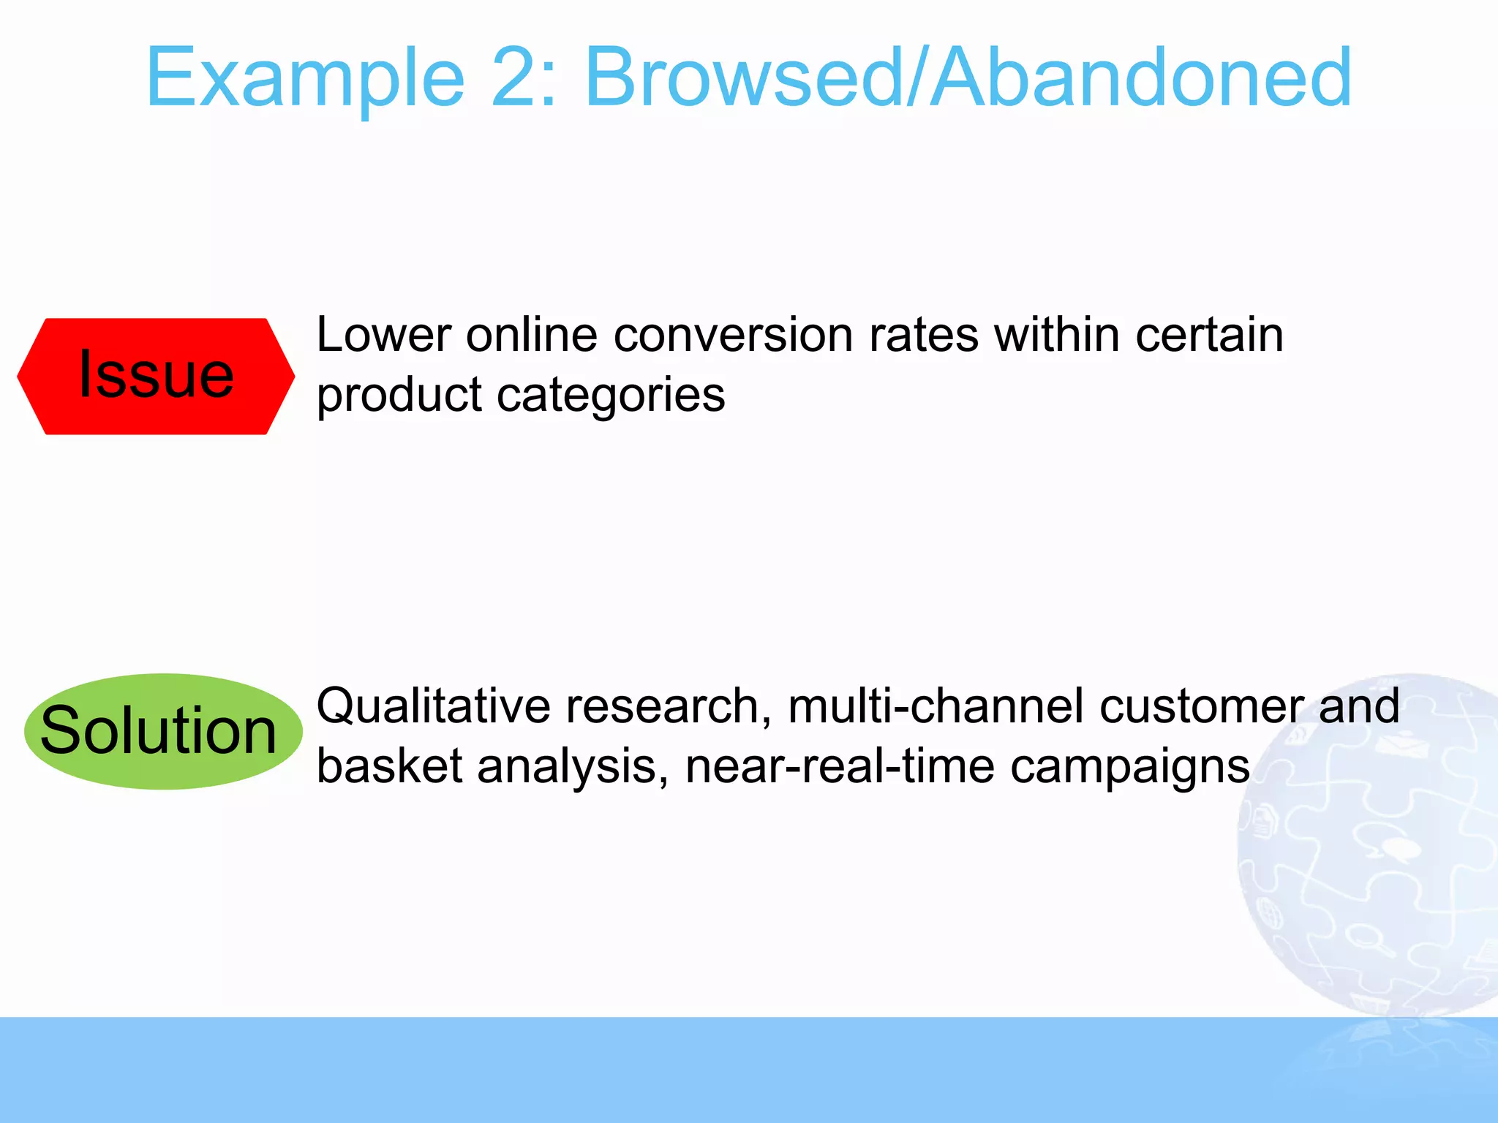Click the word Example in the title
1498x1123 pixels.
point(306,79)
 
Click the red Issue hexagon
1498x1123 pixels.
point(156,376)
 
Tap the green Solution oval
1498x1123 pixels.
point(162,731)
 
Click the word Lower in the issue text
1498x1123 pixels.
point(384,336)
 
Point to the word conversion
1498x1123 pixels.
point(733,336)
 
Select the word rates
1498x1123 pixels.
point(923,336)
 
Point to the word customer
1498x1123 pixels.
point(1201,707)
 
